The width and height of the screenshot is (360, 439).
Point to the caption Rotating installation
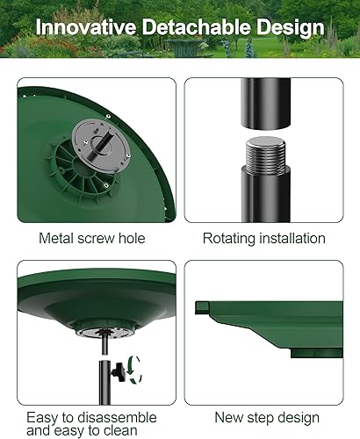[264, 238]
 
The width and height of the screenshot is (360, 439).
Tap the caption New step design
[266, 418]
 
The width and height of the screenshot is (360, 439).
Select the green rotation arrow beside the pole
[132, 369]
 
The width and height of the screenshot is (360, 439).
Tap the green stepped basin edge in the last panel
[263, 325]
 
